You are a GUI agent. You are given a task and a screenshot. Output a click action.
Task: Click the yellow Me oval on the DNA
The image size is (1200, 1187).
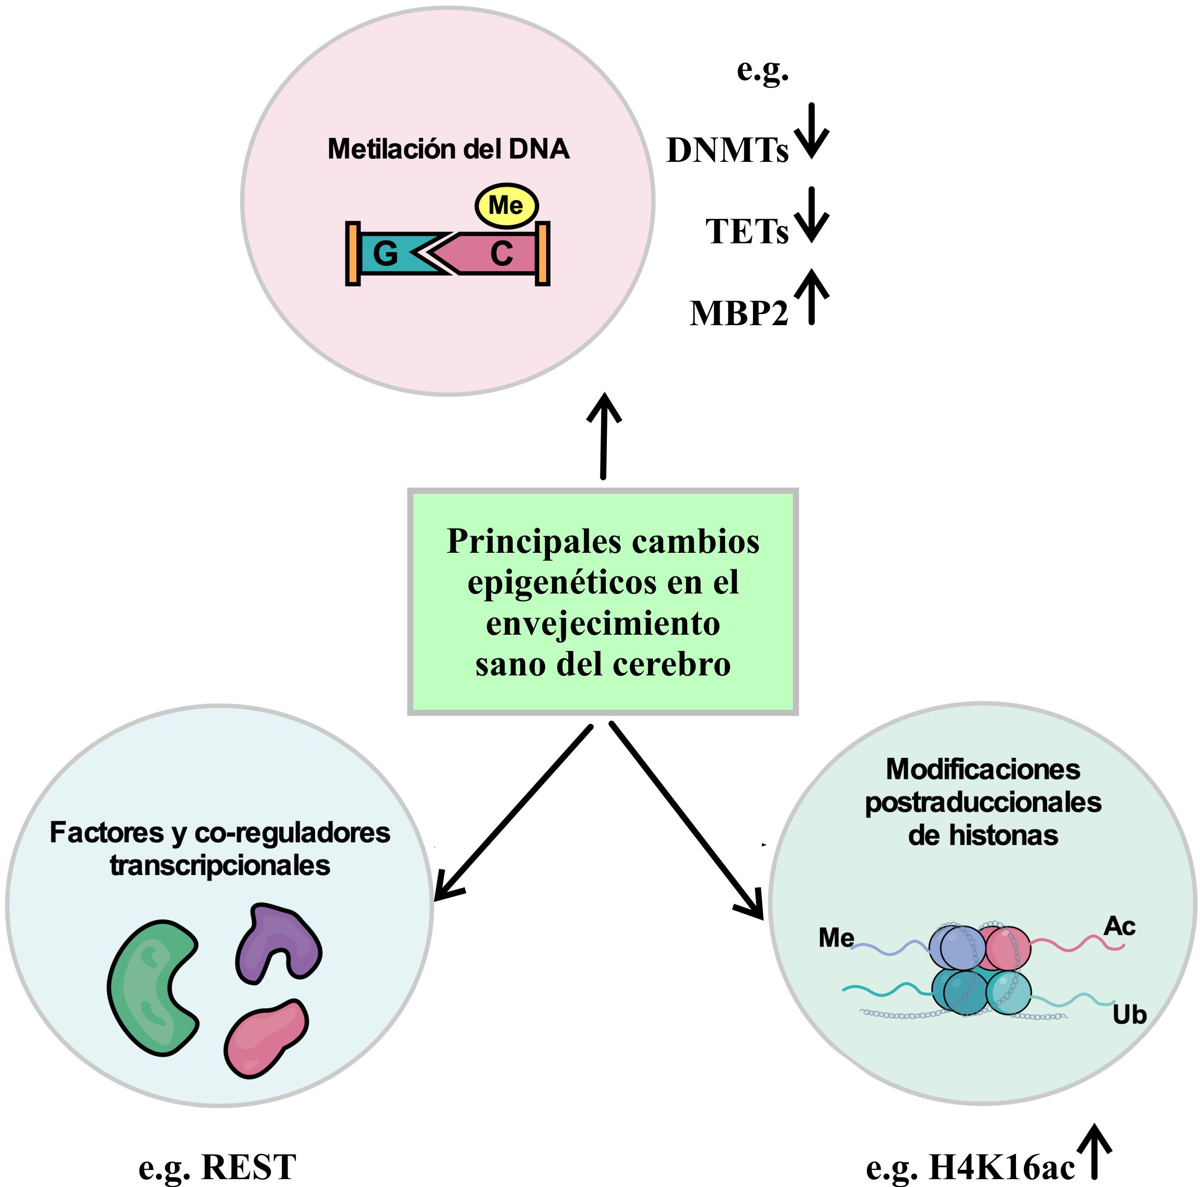pyautogui.click(x=506, y=206)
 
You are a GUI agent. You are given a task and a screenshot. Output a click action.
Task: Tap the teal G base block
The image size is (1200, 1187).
pyautogui.click(x=388, y=254)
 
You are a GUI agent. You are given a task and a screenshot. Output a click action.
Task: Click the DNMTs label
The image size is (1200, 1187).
pyautogui.click(x=727, y=150)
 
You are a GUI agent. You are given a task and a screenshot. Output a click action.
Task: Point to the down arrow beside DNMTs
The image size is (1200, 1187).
pyautogui.click(x=811, y=131)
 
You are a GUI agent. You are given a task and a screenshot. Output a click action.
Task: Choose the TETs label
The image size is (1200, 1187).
pyautogui.click(x=747, y=232)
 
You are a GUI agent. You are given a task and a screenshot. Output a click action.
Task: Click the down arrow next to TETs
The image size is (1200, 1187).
pyautogui.click(x=811, y=214)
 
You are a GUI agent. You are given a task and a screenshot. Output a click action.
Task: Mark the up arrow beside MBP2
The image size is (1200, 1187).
pyautogui.click(x=811, y=297)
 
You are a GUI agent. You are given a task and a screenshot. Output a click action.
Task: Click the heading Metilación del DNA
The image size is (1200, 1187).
pyautogui.click(x=448, y=149)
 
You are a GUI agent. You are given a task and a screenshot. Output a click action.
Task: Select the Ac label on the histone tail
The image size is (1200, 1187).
pyautogui.click(x=1119, y=926)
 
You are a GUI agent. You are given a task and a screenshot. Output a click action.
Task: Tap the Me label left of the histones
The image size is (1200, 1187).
pyautogui.click(x=836, y=937)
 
